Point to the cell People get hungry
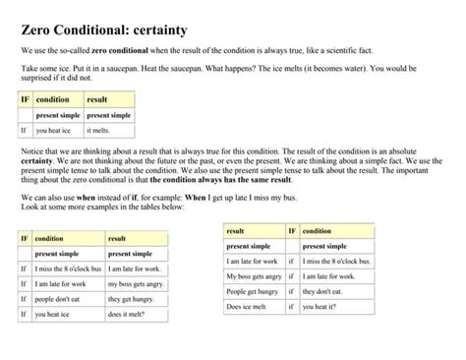point(254,292)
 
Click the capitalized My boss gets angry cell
point(255,276)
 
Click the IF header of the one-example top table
point(25,100)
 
